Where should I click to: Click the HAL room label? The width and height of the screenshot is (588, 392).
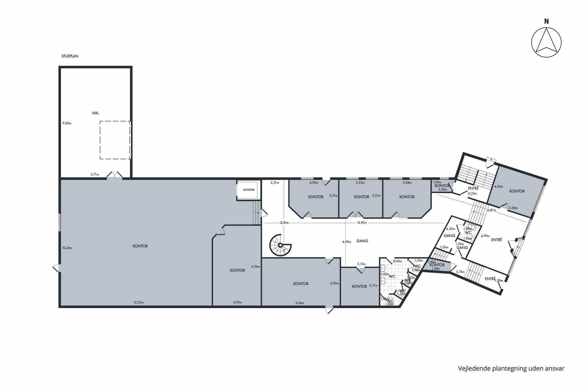(x=96, y=113)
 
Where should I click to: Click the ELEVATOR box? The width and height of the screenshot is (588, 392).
(x=249, y=190)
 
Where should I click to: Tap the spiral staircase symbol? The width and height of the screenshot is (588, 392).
(x=280, y=245)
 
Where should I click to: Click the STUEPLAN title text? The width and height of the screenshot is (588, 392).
(x=70, y=56)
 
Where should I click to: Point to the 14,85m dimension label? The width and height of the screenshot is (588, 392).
(x=361, y=223)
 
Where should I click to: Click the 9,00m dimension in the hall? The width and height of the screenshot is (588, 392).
(x=67, y=123)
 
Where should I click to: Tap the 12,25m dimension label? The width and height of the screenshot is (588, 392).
(x=138, y=303)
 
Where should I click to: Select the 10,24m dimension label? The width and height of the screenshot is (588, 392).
(x=67, y=248)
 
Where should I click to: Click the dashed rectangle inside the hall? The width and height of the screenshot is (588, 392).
(x=115, y=140)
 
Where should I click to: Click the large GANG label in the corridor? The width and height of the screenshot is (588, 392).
(x=362, y=241)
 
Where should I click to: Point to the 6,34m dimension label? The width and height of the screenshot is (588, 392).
(x=300, y=303)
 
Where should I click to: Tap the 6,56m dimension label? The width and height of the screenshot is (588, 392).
(x=255, y=266)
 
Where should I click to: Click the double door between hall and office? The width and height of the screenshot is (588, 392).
(x=114, y=175)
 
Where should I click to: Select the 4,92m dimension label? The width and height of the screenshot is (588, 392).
(x=498, y=187)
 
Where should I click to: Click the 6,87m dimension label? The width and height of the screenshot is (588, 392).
(x=492, y=210)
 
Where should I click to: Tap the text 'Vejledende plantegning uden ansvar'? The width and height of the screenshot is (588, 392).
(x=511, y=368)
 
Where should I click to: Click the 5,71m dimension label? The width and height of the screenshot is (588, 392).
(x=95, y=175)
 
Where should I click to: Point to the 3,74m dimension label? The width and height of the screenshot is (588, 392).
(x=460, y=272)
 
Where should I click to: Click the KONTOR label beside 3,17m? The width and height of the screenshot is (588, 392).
(x=359, y=287)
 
